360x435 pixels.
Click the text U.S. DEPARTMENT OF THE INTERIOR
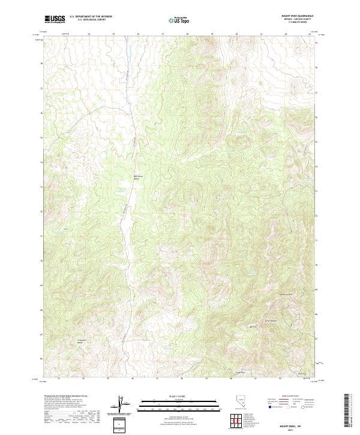(90, 17)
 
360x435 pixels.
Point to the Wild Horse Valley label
(139, 177)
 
